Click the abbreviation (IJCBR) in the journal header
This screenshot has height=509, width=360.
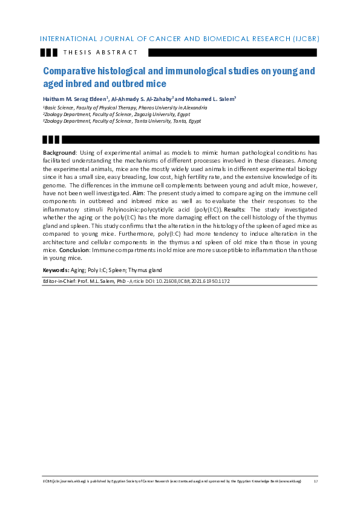pos(306,39)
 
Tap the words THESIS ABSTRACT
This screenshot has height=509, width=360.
pos(100,53)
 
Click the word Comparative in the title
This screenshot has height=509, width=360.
pos(71,71)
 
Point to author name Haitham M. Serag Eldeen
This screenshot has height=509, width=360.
pos(74,98)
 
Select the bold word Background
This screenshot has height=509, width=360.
pos(59,152)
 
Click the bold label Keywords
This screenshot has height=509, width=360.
pos(56,270)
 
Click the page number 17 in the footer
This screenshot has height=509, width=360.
pos(315,481)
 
